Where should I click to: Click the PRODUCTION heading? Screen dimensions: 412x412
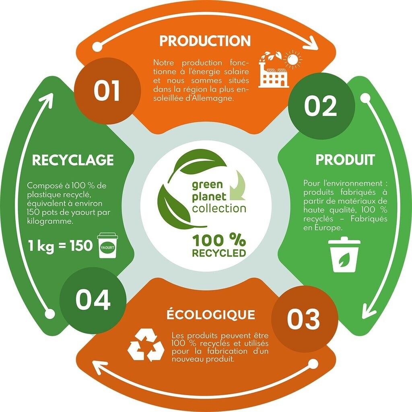click(205, 41)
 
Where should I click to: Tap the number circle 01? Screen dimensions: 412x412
click(107, 91)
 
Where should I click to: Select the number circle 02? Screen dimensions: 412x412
click(320, 106)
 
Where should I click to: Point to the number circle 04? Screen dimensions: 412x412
click(93, 300)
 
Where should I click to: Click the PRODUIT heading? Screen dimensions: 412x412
click(345, 160)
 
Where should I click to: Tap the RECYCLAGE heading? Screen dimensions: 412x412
click(72, 160)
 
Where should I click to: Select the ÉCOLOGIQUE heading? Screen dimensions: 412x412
click(211, 315)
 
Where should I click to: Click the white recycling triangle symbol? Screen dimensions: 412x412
click(146, 345)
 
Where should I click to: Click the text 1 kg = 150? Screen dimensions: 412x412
click(60, 245)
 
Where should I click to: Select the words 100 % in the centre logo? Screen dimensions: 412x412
click(218, 240)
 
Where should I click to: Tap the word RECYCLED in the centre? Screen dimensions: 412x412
click(218, 253)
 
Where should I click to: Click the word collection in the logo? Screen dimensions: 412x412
click(219, 208)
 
